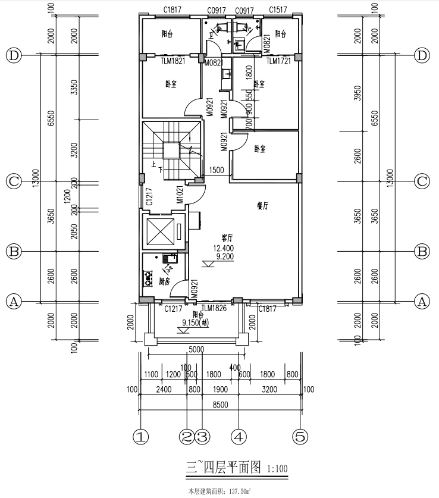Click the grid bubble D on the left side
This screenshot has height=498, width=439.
click(14, 55)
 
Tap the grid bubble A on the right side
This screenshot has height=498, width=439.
click(422, 301)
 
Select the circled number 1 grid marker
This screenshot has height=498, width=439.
click(140, 437)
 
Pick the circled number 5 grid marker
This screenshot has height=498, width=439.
click(300, 437)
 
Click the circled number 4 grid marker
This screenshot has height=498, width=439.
click(239, 437)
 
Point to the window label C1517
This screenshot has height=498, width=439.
click(278, 10)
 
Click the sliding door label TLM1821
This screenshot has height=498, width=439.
click(173, 61)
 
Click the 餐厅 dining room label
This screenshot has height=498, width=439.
click(262, 205)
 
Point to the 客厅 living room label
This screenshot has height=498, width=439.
click(227, 238)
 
